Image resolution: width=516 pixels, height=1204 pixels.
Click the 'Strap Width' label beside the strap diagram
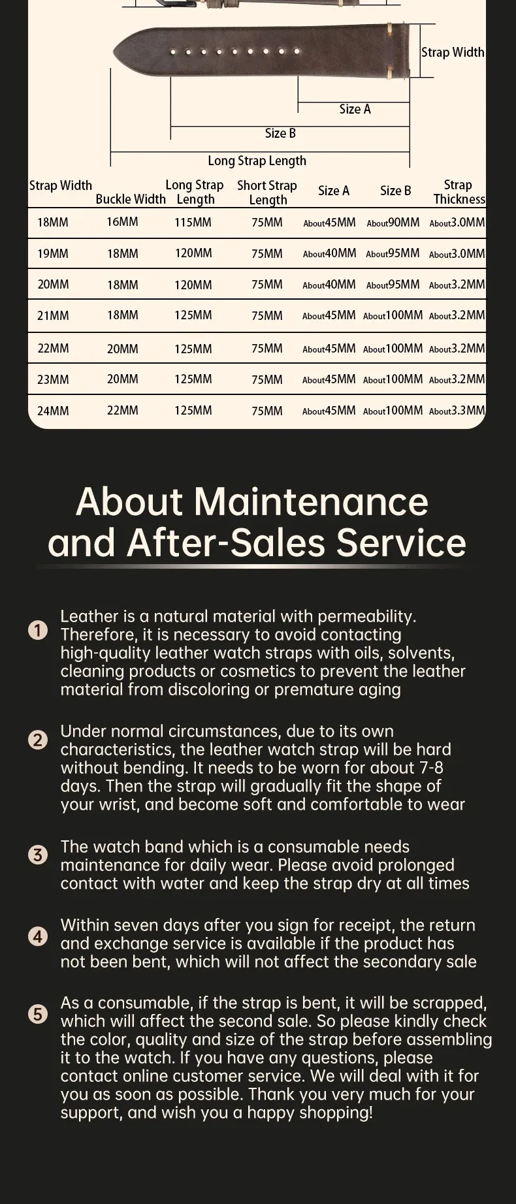point(453,52)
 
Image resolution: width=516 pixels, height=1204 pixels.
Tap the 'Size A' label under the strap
point(355,109)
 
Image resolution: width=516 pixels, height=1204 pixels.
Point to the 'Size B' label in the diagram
point(280,133)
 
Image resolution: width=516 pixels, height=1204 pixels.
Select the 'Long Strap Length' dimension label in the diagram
point(257,161)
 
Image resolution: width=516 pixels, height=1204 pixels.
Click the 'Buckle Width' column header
point(131,199)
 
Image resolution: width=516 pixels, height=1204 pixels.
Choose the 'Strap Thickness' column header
point(459,192)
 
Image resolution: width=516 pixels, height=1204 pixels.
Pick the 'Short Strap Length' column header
point(267,192)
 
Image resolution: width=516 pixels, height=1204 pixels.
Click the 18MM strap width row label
point(52,223)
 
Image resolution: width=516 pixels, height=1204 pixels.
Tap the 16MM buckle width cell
point(122,222)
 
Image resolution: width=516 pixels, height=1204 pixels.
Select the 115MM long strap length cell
point(193,223)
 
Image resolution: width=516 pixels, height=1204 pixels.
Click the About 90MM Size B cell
point(393,223)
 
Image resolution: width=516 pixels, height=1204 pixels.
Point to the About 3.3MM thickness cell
point(457,411)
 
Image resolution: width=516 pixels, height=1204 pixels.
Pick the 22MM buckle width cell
point(122,411)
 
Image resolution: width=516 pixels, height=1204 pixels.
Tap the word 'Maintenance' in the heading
point(311,501)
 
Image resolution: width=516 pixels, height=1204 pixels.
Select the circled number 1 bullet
point(39,630)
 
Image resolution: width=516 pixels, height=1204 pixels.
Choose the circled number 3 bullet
point(39,855)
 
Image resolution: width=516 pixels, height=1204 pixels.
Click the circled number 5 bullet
point(39,1014)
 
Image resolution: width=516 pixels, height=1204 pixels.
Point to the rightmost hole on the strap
point(297,51)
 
